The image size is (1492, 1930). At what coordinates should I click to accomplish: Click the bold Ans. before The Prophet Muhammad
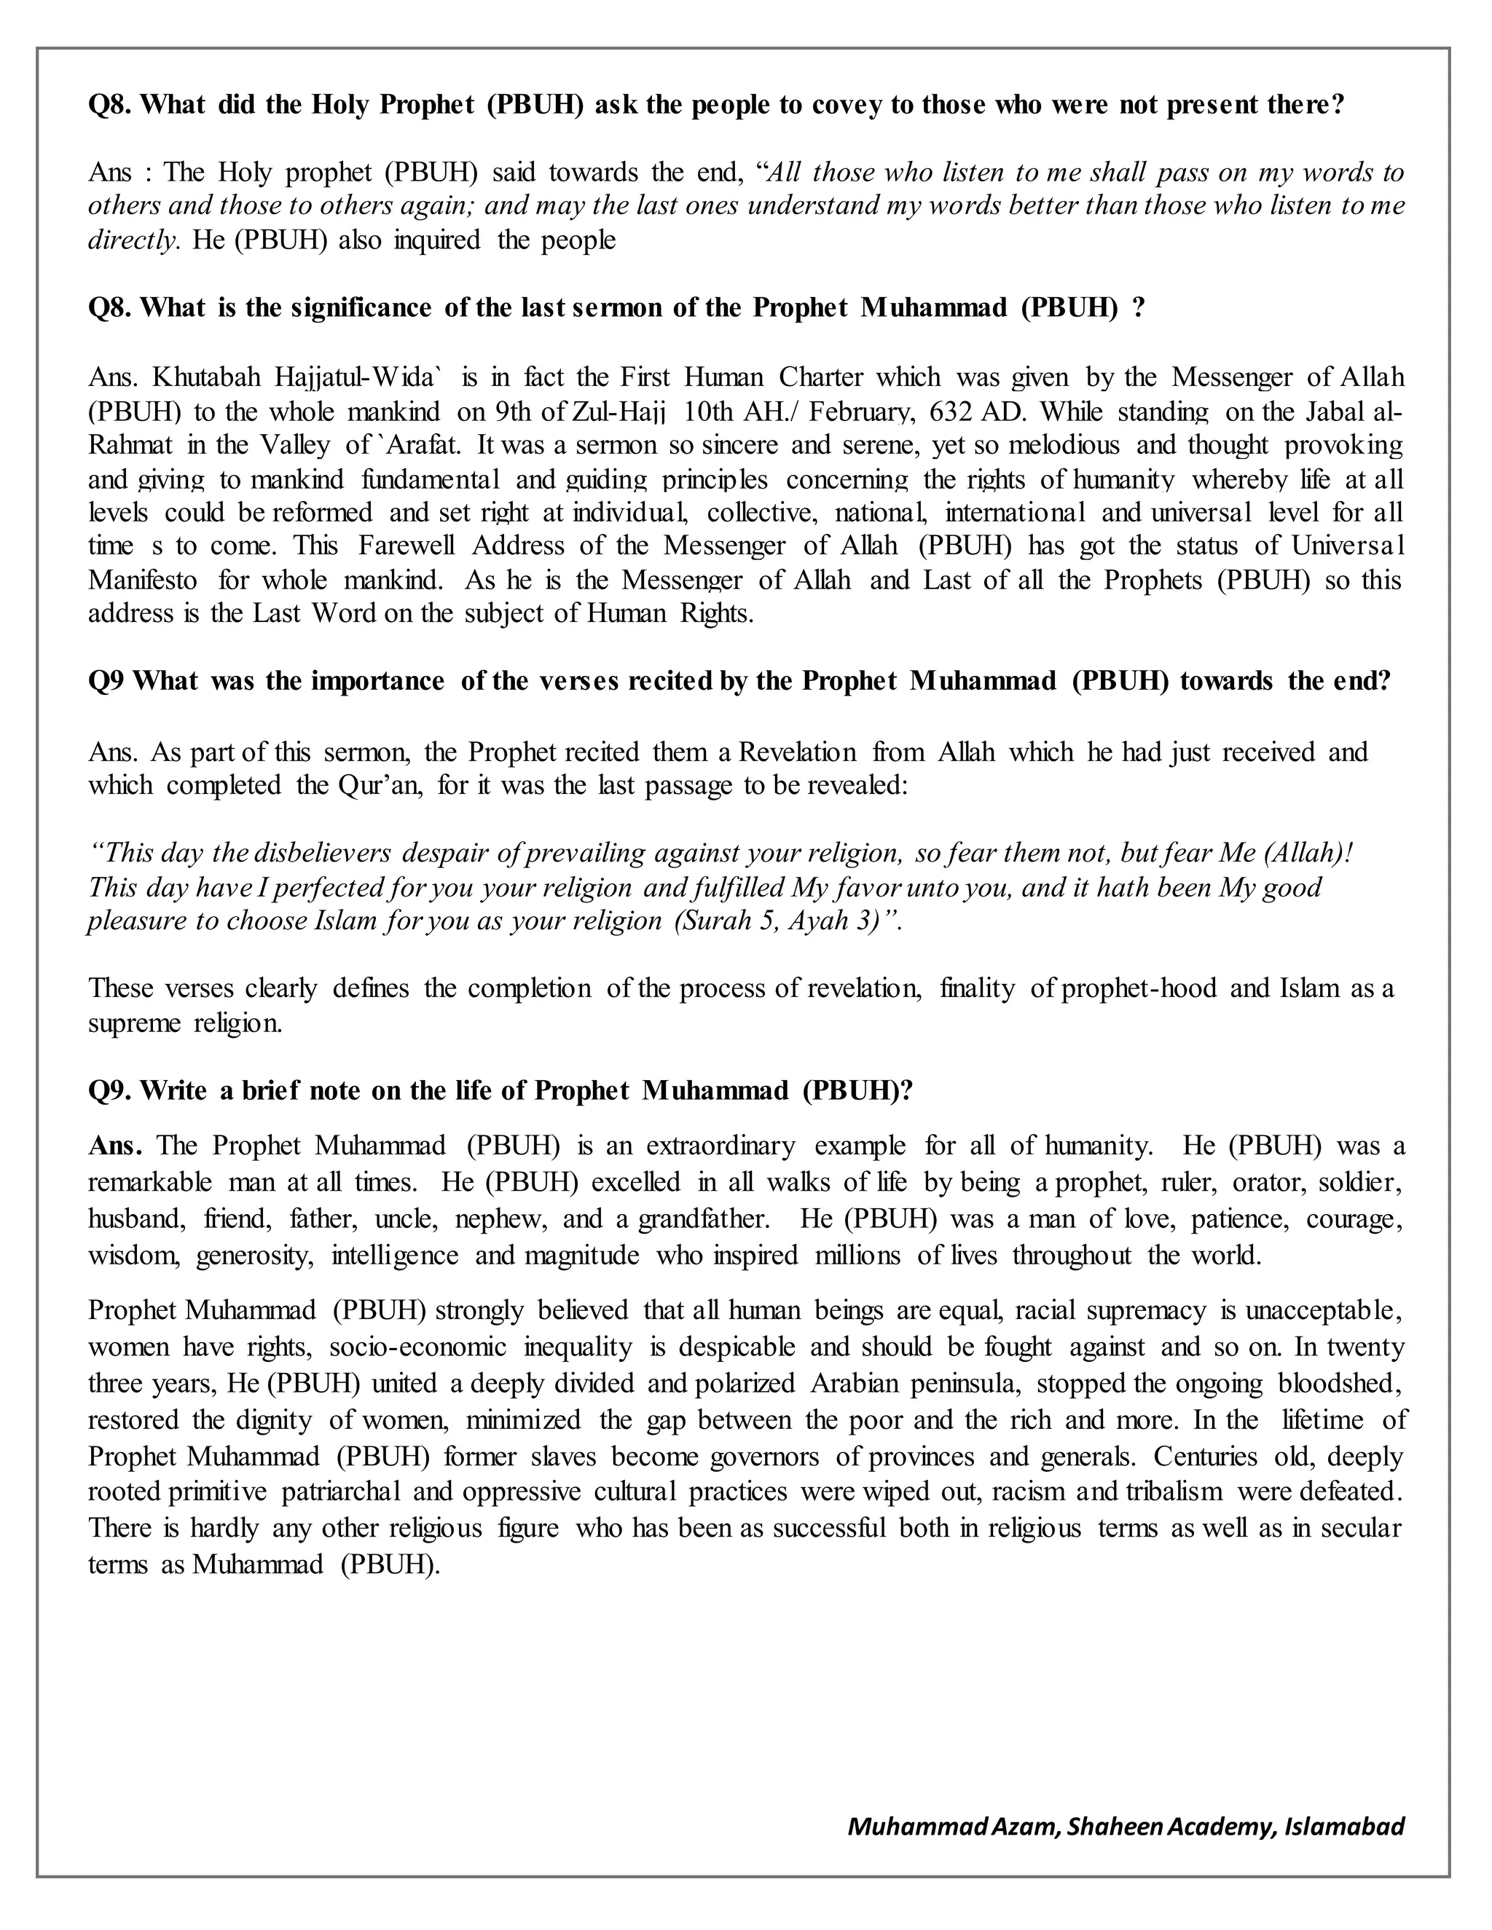pos(115,1146)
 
